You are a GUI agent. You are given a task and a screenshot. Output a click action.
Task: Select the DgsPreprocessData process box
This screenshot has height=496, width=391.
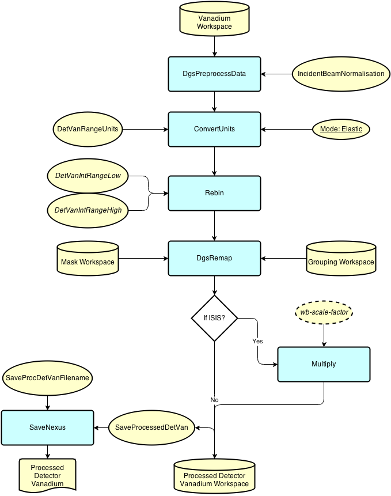(x=214, y=74)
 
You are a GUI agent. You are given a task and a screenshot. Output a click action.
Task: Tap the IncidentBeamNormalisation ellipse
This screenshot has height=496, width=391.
(x=341, y=74)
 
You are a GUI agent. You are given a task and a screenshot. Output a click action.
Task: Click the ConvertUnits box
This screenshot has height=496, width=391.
(x=214, y=129)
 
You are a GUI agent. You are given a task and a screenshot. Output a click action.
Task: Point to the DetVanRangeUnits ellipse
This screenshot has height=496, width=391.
(x=88, y=129)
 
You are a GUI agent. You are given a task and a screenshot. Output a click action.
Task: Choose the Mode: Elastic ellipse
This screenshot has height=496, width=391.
(x=341, y=129)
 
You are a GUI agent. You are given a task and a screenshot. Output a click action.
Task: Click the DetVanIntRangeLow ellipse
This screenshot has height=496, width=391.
(x=88, y=175)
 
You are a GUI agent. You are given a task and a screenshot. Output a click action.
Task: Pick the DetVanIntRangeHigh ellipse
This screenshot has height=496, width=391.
(x=88, y=210)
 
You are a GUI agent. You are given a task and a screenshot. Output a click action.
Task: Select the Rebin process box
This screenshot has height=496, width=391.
(x=214, y=193)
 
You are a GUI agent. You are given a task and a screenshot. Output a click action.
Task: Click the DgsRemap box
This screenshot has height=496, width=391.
(x=214, y=258)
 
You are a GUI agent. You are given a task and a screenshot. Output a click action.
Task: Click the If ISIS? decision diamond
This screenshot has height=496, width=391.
(x=214, y=318)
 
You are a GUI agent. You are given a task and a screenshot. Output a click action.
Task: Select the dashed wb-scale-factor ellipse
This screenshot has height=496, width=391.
(x=324, y=312)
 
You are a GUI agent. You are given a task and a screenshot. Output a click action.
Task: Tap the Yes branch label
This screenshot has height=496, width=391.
(x=257, y=342)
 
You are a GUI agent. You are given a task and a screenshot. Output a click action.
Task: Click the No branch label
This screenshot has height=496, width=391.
(x=215, y=400)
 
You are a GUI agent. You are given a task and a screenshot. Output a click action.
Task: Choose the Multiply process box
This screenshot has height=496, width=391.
(x=324, y=364)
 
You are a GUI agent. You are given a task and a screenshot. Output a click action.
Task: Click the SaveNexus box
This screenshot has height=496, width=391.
(x=47, y=427)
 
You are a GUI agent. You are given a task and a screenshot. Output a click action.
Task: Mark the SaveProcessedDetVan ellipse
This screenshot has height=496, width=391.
(x=151, y=427)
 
